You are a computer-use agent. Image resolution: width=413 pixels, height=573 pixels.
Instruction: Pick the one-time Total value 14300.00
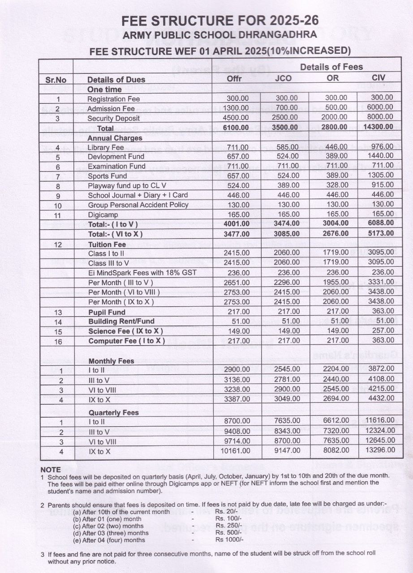pyautogui.click(x=379, y=127)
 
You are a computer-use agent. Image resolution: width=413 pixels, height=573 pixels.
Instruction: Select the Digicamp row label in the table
pyautogui.click(x=103, y=215)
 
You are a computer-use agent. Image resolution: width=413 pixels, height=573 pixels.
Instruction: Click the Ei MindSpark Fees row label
pyautogui.click(x=142, y=273)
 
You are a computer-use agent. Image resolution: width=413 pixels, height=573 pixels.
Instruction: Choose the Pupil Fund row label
pyautogui.click(x=107, y=312)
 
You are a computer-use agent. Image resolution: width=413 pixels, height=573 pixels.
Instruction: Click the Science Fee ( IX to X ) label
pyautogui.click(x=125, y=331)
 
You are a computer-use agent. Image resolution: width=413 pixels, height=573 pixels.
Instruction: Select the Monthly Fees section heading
pyautogui.click(x=111, y=361)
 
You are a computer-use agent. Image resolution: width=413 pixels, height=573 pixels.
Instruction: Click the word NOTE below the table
pyautogui.click(x=50, y=470)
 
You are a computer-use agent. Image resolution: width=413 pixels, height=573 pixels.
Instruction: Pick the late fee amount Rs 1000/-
pyautogui.click(x=229, y=539)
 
